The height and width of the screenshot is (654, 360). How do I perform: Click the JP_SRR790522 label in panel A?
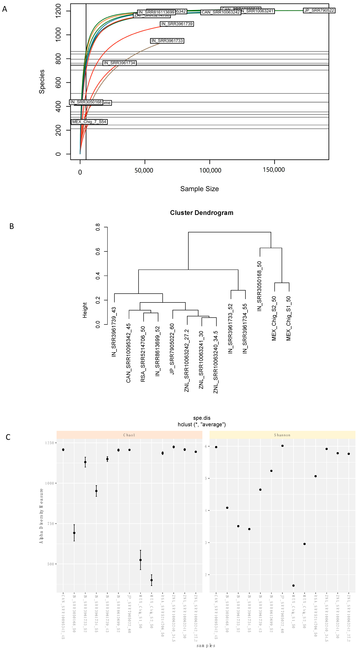click(319, 10)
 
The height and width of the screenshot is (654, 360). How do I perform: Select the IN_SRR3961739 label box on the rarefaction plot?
click(177, 24)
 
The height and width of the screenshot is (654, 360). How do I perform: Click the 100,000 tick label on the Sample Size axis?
click(210, 170)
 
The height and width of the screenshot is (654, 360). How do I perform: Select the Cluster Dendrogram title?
click(201, 213)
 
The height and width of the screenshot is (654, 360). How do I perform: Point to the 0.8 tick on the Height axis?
click(98, 227)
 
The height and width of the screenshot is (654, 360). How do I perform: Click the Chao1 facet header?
click(129, 435)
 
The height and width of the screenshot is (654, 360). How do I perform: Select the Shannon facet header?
click(282, 435)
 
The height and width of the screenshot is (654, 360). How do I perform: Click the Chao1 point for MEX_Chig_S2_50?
click(152, 580)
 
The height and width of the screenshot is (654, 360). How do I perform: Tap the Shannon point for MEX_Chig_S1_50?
click(293, 585)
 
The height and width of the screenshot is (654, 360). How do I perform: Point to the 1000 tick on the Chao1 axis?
click(50, 483)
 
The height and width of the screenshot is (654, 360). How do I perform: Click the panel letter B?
click(12, 226)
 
